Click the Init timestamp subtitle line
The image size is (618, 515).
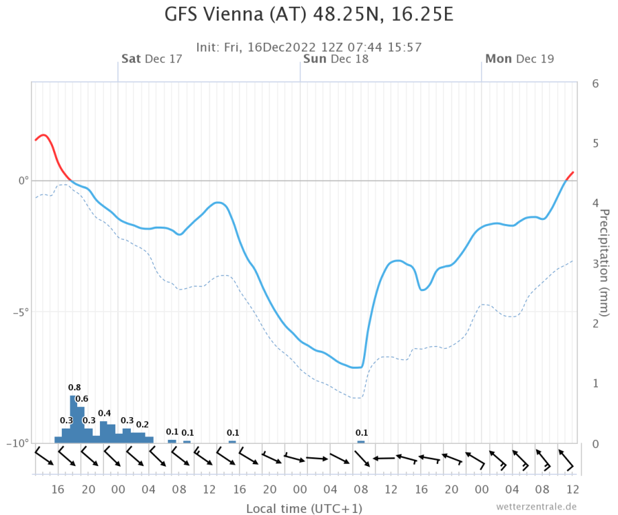point(309,47)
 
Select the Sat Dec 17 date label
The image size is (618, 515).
point(152,59)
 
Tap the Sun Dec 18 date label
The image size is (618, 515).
point(336,59)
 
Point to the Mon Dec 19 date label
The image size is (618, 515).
point(519,59)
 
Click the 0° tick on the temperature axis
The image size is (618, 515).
point(23,181)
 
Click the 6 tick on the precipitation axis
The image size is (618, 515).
point(595,84)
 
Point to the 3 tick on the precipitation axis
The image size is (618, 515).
point(595,264)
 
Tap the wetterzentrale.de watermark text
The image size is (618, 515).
point(537,506)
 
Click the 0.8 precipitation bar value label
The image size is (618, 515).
point(74,388)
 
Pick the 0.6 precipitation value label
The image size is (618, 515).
point(81,399)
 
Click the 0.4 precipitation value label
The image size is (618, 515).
point(105,413)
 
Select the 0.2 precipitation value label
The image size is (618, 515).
point(142,424)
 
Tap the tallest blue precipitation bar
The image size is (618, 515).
point(73,419)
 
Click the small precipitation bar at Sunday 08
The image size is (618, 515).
point(361,441)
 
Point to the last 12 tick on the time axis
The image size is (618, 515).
point(572,488)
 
